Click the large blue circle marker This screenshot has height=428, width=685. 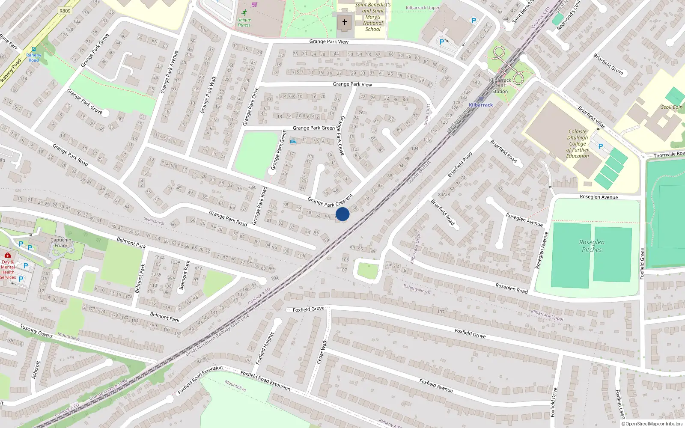[342, 214]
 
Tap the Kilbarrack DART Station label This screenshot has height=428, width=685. [500, 86]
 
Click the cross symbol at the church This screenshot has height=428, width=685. [344, 22]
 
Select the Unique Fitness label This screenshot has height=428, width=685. [244, 22]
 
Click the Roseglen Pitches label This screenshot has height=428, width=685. [592, 246]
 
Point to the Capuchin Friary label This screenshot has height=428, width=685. [61, 243]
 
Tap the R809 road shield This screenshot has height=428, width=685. [65, 11]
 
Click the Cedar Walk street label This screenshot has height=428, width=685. [322, 352]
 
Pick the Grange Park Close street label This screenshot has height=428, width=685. [341, 135]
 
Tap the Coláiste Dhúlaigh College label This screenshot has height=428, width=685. [578, 144]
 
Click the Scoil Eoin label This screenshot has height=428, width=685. [671, 107]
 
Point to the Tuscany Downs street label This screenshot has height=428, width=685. [36, 331]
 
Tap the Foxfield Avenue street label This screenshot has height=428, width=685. [436, 386]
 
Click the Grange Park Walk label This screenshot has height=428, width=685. [208, 95]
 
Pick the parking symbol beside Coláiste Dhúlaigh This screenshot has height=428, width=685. [600, 146]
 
